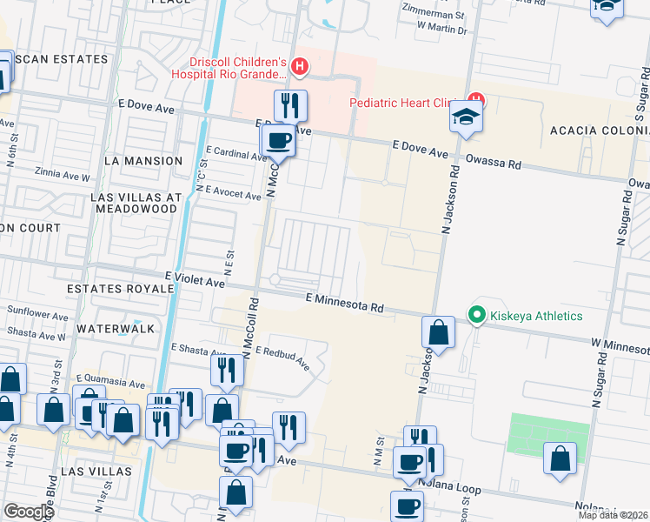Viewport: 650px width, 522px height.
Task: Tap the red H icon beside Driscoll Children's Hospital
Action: pos(300,65)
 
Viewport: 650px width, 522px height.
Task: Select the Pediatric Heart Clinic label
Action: pos(404,103)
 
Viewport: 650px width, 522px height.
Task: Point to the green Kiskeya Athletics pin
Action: pos(476,315)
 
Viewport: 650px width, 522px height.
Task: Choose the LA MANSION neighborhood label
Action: pos(143,161)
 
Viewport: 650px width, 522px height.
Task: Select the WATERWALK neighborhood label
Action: pos(115,329)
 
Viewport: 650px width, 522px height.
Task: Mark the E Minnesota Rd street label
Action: pos(345,302)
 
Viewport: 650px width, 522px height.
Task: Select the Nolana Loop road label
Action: pos(447,489)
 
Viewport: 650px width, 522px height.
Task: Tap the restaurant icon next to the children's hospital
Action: pos(290,105)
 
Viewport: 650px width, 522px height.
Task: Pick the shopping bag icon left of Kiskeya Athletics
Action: pos(439,331)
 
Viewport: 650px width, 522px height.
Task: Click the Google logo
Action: pos(28,512)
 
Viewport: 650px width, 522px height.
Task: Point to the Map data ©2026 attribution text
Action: pos(614,515)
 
